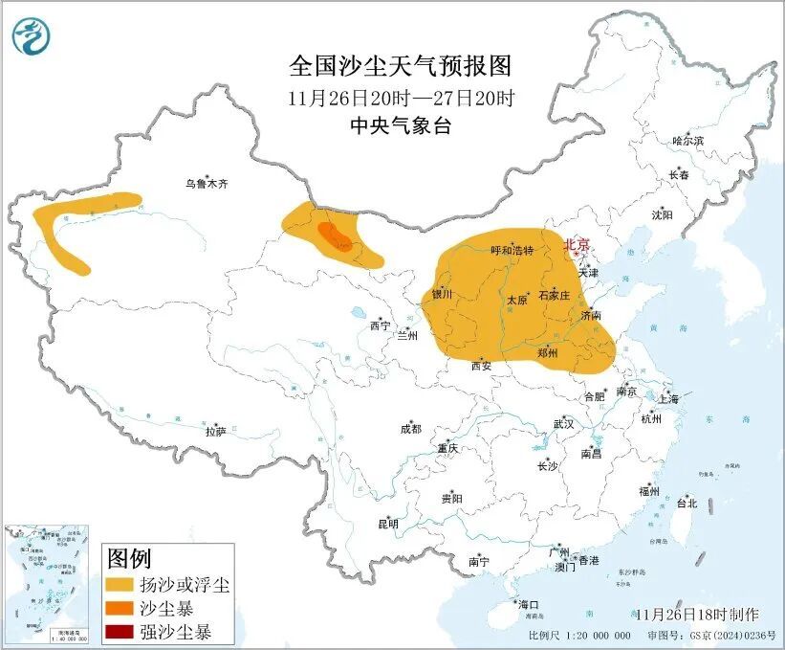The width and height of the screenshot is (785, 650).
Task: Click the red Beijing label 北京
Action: [x=578, y=244]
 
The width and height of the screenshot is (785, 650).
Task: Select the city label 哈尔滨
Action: [x=687, y=141]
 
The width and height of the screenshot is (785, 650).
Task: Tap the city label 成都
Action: [x=410, y=430]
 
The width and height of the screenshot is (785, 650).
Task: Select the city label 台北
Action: [x=686, y=503]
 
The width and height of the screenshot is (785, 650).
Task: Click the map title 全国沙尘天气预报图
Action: [x=401, y=66]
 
